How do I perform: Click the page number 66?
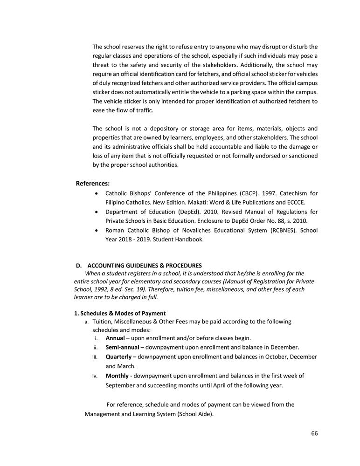coord(314,433)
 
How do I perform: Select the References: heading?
coord(93,184)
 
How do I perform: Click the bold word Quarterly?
coord(118,356)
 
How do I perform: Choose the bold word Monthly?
coord(117,376)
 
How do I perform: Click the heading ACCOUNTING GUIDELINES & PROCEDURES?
coord(145,266)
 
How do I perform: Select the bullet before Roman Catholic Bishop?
coord(96,230)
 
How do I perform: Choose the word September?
coord(122,385)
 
